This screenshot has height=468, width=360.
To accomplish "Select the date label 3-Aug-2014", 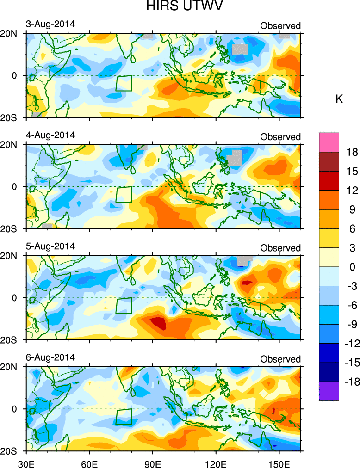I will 50,24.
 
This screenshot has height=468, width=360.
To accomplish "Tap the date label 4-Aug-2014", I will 50,135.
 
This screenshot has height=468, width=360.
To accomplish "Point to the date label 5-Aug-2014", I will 50,246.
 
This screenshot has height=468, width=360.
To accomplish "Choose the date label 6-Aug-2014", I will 50,358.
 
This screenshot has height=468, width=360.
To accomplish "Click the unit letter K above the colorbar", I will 339,99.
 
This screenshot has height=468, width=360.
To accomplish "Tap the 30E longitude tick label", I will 25,461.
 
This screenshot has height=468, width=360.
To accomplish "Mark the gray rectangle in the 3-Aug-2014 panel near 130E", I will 240,49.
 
